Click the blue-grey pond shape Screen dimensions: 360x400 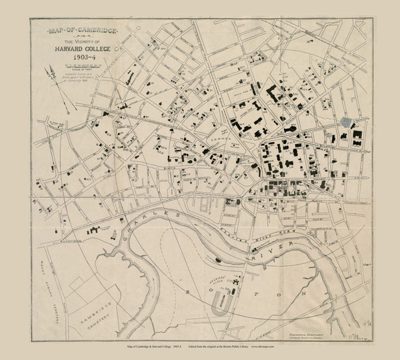(x=345, y=122)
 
